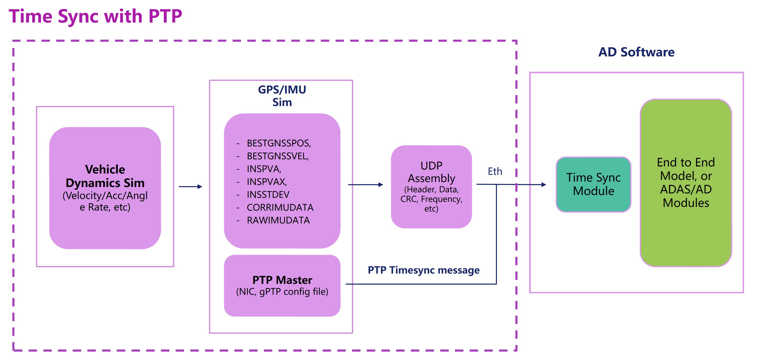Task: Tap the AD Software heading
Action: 636,52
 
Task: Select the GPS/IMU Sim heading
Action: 282,96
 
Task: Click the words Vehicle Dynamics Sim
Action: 105,176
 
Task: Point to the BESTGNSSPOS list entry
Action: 279,143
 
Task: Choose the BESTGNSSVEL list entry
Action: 278,156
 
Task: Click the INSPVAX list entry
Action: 267,182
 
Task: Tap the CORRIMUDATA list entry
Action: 280,207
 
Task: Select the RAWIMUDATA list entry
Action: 278,220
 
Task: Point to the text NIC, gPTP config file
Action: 282,292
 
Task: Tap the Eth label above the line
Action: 495,171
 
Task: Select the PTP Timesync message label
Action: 423,270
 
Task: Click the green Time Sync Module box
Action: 593,184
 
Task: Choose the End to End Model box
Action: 686,183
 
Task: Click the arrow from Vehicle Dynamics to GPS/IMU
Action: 190,186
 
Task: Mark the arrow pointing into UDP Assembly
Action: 365,185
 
